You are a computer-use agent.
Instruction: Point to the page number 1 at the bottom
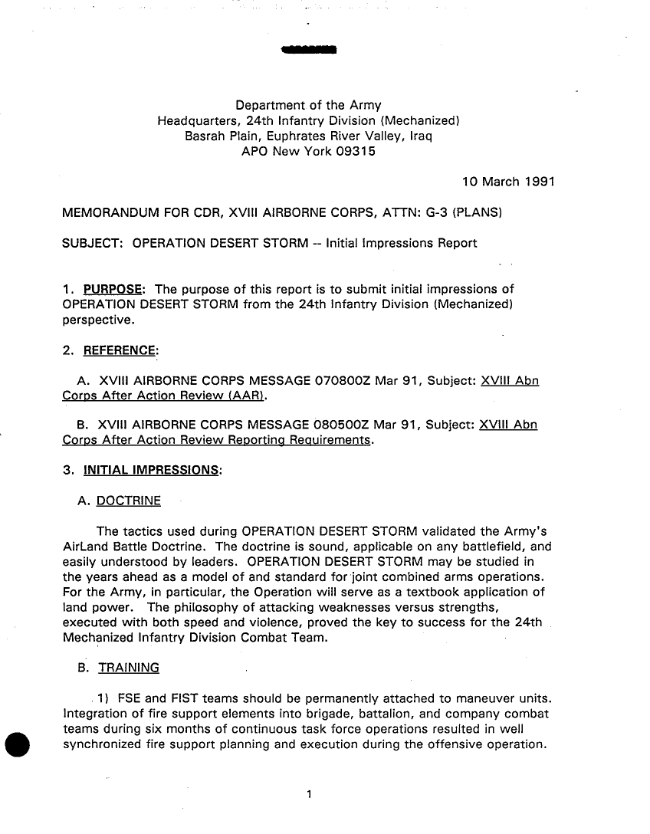coord(308,794)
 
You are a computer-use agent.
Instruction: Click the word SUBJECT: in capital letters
coord(93,244)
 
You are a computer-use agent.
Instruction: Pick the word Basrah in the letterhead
coord(207,136)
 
